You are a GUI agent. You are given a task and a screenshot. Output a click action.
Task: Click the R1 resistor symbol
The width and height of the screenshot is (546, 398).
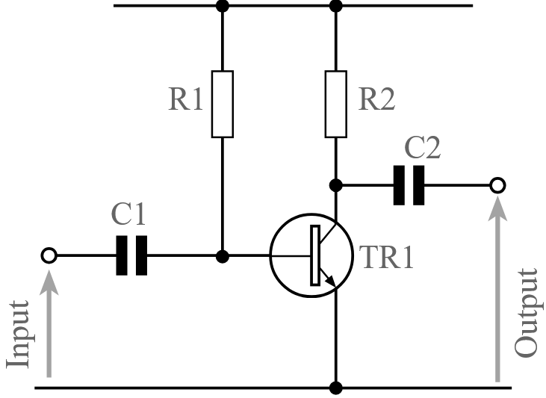223,105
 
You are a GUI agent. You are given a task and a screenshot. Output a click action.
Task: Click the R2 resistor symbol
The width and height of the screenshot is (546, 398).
336,105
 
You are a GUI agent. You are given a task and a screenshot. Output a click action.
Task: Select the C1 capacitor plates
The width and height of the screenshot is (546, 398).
131,256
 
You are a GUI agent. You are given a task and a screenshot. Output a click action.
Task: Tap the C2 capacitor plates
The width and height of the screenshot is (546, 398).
409,184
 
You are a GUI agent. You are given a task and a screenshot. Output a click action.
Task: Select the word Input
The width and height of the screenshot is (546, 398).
18,335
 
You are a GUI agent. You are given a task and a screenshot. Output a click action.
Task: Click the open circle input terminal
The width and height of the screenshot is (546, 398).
49,256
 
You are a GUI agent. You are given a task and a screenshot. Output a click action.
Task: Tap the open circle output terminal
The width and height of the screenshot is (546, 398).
497,184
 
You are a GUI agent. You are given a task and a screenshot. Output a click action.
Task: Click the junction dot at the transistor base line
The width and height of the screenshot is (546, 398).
223,256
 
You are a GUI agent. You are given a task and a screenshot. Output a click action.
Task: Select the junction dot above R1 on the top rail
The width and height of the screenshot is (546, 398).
223,6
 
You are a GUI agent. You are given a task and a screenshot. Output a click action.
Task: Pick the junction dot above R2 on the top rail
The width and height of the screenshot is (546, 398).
336,6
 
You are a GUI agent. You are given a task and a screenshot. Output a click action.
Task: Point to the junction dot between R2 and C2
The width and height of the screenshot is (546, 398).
336,184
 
